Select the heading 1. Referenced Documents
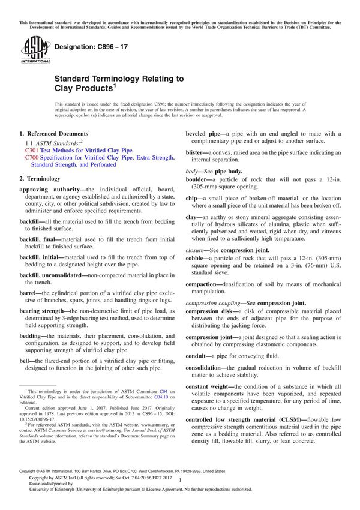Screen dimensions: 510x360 tap(54, 133)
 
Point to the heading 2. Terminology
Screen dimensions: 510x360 tap(40, 178)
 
